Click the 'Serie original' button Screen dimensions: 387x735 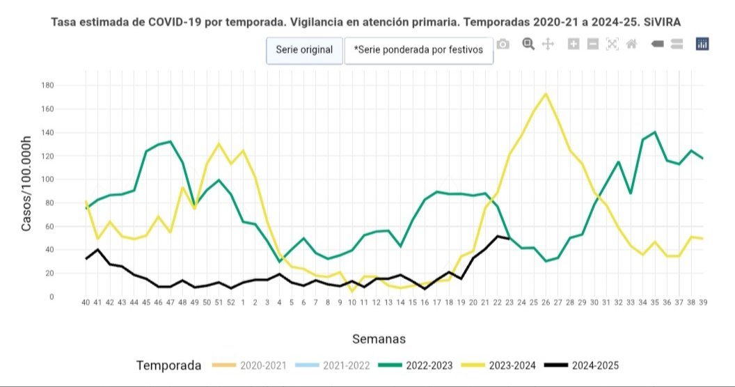click(304, 50)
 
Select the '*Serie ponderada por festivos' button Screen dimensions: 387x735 click(418, 50)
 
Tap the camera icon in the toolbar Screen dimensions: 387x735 click(503, 45)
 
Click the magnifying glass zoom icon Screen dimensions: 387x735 click(528, 45)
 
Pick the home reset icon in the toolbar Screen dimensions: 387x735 click(632, 45)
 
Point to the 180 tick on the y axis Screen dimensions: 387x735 click(68, 86)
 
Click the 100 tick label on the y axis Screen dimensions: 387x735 click(68, 180)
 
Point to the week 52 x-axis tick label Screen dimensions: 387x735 click(231, 303)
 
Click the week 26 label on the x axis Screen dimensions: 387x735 click(546, 303)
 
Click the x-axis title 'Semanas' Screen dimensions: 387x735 click(378, 339)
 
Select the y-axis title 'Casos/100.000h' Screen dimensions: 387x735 click(26, 184)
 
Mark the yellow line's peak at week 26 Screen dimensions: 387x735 click(546, 94)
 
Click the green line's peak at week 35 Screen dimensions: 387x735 click(655, 132)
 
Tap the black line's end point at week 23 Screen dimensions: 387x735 click(509, 239)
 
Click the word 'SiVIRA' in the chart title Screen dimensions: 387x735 click(662, 22)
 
